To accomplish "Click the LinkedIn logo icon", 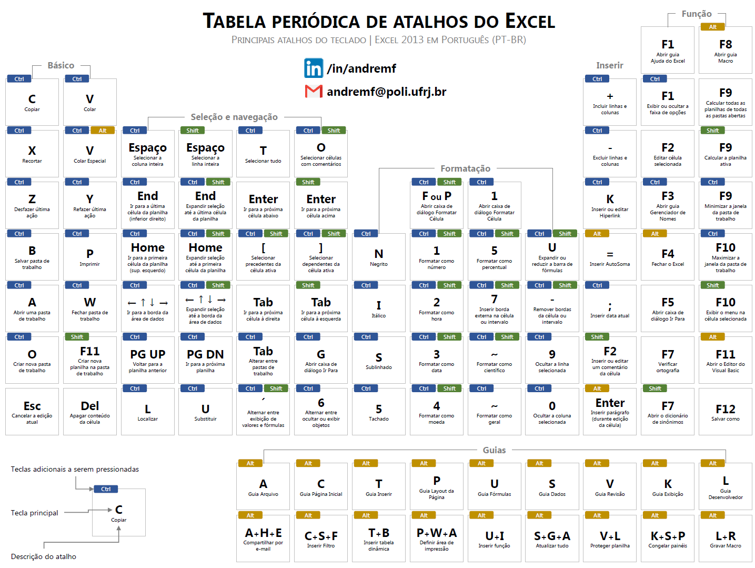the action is pos(313,68).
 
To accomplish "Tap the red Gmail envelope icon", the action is pos(314,92).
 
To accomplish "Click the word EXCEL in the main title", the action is pos(530,22).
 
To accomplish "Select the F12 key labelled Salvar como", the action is pos(725,412).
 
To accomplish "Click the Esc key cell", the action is pos(32,412).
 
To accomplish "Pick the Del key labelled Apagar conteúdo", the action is pos(90,412).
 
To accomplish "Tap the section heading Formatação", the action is pos(466,168).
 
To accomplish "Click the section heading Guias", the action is pos(494,450).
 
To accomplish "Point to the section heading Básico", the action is pos(61,65).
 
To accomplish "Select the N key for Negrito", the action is pos(379,257).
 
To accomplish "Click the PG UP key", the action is pos(147,360).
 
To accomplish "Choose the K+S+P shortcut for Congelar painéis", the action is pos(668,539).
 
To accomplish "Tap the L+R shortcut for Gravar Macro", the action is pos(726,539).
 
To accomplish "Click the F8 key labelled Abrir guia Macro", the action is pos(726,50).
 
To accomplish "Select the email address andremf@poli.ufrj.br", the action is pos(386,92).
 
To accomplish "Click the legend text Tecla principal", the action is pos(34,513).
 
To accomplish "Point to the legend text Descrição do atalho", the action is pos(44,556).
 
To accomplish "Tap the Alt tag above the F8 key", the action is pos(713,27).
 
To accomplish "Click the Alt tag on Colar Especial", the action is pos(103,131).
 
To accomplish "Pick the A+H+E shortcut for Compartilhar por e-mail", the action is pos(263,539).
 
